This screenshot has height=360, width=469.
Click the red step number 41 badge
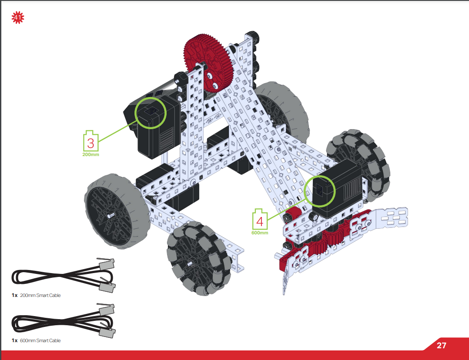[18, 18]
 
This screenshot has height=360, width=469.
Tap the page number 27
[441, 346]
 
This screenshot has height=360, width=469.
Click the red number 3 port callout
[91, 143]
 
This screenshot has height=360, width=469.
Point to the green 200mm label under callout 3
[90, 154]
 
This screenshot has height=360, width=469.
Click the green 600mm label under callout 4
[260, 233]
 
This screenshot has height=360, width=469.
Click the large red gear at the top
[209, 63]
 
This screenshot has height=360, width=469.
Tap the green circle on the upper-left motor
[151, 113]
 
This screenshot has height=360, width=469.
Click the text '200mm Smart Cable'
[40, 296]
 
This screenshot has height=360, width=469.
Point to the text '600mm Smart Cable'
[40, 340]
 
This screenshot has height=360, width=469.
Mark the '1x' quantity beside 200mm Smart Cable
[15, 296]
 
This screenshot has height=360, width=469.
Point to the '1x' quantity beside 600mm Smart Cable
[15, 340]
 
